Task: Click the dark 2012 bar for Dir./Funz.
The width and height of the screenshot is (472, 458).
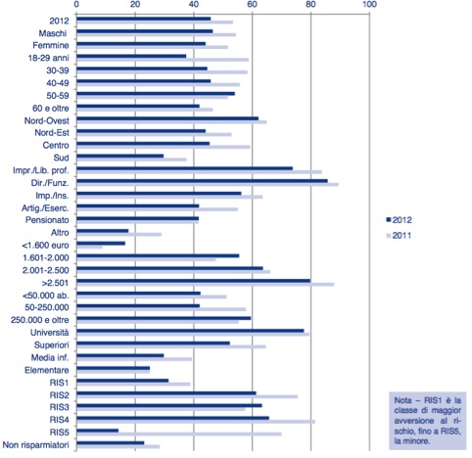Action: point(202,181)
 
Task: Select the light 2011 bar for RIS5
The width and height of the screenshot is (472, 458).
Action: point(179,435)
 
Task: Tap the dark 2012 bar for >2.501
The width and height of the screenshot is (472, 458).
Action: point(194,281)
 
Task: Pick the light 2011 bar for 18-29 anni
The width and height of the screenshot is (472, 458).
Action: point(163,60)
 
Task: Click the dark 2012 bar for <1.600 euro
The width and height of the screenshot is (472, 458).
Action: point(101,244)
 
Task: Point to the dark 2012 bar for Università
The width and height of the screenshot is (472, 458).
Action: point(190,331)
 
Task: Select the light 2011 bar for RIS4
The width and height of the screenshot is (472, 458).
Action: point(196,422)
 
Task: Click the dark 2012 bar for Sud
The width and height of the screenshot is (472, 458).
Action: point(120,156)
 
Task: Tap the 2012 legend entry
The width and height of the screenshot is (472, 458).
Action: point(399,220)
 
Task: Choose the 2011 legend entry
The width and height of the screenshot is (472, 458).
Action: point(399,236)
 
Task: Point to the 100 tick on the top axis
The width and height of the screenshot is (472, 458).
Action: point(369,4)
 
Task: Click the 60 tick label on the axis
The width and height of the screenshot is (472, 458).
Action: point(252,4)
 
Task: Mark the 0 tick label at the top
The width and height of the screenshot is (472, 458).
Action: point(76,4)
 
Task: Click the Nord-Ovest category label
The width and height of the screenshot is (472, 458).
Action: point(47,120)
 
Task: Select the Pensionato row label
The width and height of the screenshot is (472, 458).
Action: point(47,220)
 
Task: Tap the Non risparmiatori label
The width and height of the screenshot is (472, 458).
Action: point(36,445)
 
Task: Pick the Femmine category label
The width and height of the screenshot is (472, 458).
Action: point(51,45)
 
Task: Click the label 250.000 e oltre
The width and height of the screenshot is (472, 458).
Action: point(40,320)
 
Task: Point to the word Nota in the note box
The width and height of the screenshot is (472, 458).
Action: point(402,400)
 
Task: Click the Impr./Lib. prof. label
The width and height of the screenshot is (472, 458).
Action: point(41,170)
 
